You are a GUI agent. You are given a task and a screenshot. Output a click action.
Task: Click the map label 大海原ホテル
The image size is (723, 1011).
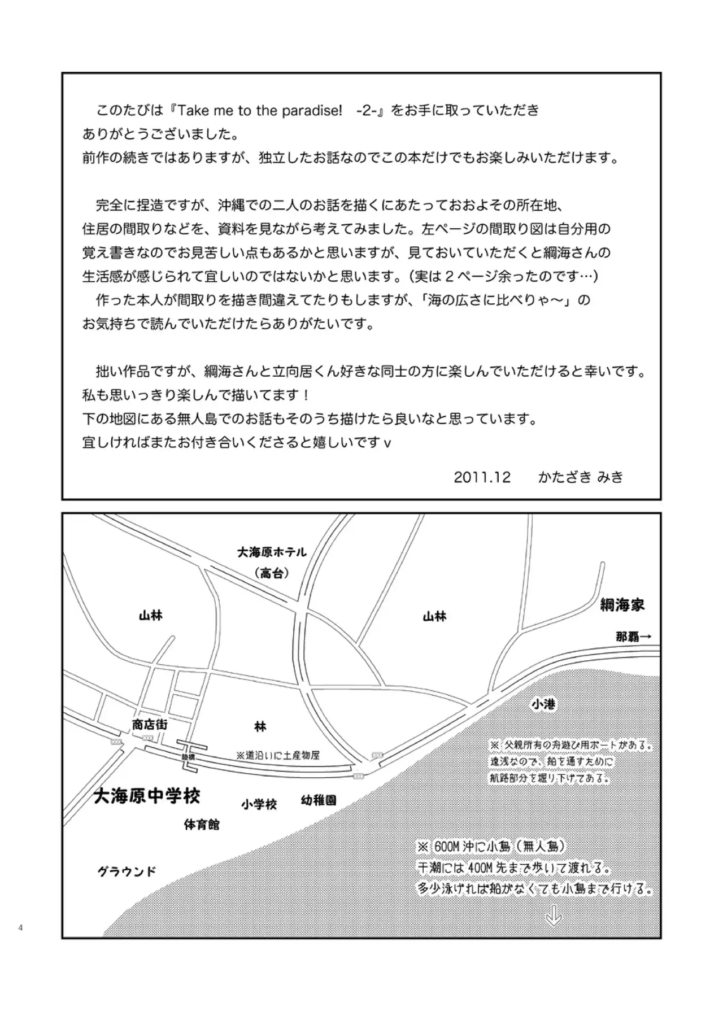pyautogui.click(x=272, y=552)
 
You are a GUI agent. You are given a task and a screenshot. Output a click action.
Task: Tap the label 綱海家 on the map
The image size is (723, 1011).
pyautogui.click(x=622, y=605)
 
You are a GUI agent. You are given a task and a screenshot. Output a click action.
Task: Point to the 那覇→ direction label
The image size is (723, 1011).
pyautogui.click(x=634, y=637)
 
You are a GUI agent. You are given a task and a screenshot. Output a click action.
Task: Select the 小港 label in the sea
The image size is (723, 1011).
pyautogui.click(x=543, y=704)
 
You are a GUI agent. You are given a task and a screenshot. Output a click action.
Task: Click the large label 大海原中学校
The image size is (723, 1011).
pyautogui.click(x=146, y=796)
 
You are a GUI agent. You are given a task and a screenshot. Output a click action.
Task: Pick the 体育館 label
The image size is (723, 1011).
pyautogui.click(x=202, y=825)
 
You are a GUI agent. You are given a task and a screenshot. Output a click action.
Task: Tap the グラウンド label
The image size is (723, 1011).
pyautogui.click(x=127, y=871)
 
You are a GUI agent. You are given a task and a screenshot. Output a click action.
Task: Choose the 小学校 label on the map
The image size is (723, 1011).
pyautogui.click(x=259, y=804)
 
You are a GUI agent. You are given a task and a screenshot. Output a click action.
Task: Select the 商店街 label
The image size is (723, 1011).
pyautogui.click(x=150, y=724)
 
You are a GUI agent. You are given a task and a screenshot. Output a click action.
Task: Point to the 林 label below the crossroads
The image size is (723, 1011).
pyautogui.click(x=260, y=726)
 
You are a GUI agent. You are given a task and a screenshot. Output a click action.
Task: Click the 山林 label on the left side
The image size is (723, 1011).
pyautogui.click(x=151, y=616)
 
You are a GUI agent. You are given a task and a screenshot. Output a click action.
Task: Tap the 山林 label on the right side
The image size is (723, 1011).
pyautogui.click(x=434, y=617)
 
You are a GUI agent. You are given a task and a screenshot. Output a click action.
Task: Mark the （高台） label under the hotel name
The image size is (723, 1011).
pyautogui.click(x=272, y=573)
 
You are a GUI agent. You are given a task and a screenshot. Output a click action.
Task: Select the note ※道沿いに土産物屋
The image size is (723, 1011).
pyautogui.click(x=278, y=755)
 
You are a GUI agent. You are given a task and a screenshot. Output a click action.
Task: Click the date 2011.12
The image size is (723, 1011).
pyautogui.click(x=482, y=477)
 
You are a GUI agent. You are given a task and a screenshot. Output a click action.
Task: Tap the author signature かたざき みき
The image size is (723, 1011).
pyautogui.click(x=581, y=477)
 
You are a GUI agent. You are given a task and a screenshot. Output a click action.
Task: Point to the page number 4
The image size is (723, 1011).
pyautogui.click(x=21, y=927)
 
